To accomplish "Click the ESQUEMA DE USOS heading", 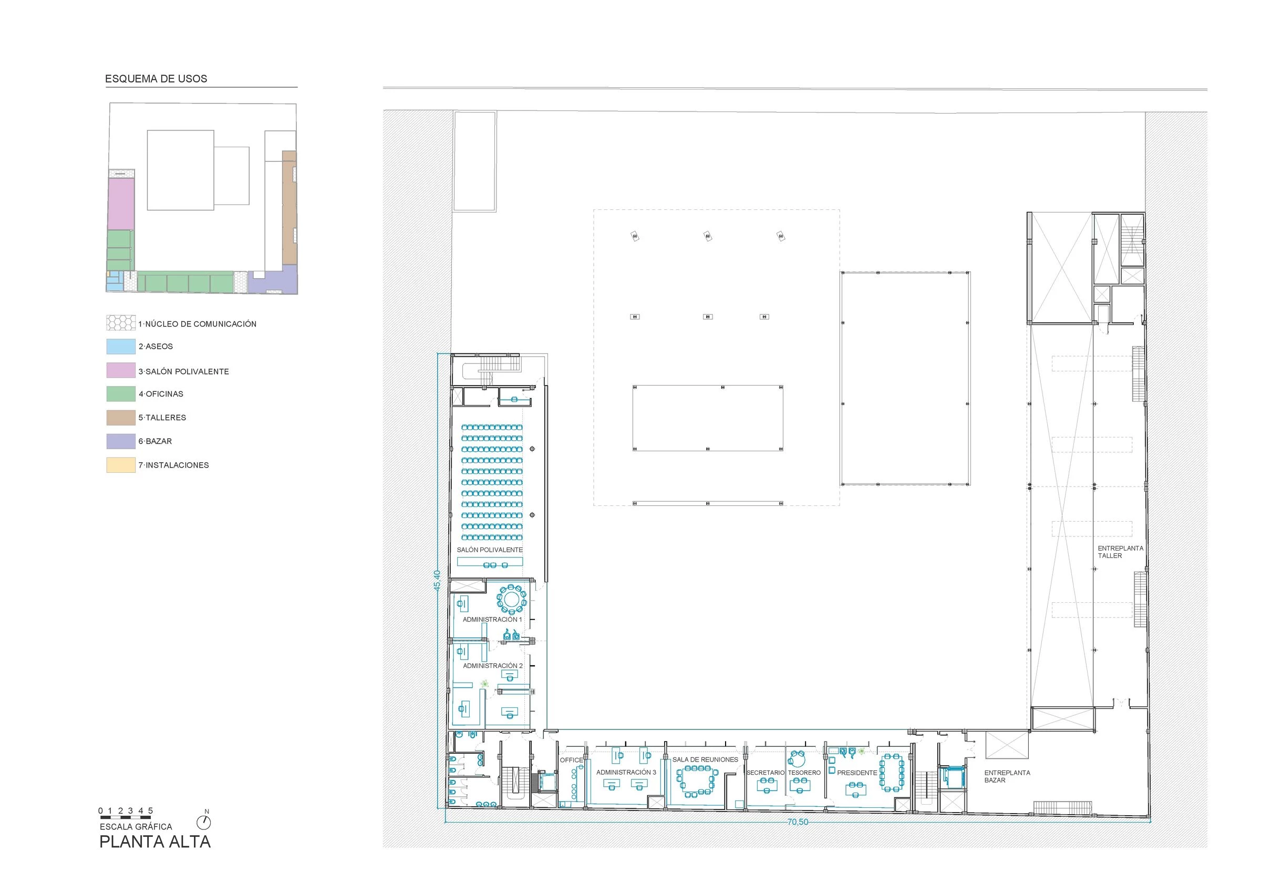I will pos(156,78).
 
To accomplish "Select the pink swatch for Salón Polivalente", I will pos(121,370).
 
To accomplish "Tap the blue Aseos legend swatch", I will pos(121,346).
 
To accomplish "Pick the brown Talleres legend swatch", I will pos(121,418).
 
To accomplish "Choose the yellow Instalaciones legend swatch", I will pos(121,465).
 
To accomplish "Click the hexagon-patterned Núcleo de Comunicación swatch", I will pos(121,323).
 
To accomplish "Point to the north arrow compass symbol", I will pos(204,822).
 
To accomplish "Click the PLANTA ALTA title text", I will pos(155,842).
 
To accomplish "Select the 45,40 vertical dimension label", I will pos(437,580).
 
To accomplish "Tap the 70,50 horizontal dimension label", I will pos(798,822).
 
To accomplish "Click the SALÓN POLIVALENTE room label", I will pos(489,550).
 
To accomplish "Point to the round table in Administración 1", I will pos(512,599).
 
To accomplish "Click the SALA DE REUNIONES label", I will pos(705,759).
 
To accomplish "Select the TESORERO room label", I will pos(804,773).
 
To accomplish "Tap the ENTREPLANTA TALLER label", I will pos(1113,552).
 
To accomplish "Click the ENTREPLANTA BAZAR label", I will pos(1007,776).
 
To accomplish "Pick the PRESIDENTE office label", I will pos(857,773).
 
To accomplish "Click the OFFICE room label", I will pos(571,760).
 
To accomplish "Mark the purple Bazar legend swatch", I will pos(121,441).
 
